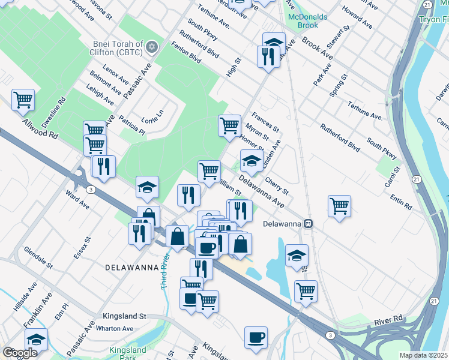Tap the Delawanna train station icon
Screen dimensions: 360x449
pos(308,223)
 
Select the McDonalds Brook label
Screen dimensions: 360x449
pos(307,21)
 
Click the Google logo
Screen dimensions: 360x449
pos(20,353)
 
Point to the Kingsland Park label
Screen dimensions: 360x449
pos(127,353)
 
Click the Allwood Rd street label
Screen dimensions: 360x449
pos(39,128)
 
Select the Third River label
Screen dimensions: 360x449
pos(164,271)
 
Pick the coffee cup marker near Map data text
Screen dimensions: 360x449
pos(256,337)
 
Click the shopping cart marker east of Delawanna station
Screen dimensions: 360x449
pos(339,206)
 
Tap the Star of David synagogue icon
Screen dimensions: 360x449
pos(152,46)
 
